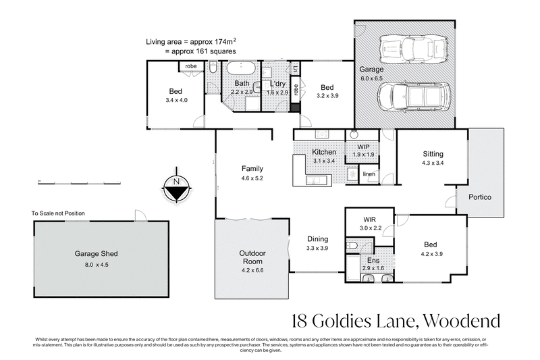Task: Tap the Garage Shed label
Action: coord(96,254)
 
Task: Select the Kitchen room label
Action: coord(324,153)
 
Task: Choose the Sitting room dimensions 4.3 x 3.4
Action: coord(432,163)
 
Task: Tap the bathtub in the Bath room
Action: coord(239,69)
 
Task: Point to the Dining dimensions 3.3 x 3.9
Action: coord(317,248)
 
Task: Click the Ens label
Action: coord(372,260)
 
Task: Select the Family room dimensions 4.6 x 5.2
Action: coord(252,178)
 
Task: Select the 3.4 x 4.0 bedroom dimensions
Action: coord(175,101)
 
